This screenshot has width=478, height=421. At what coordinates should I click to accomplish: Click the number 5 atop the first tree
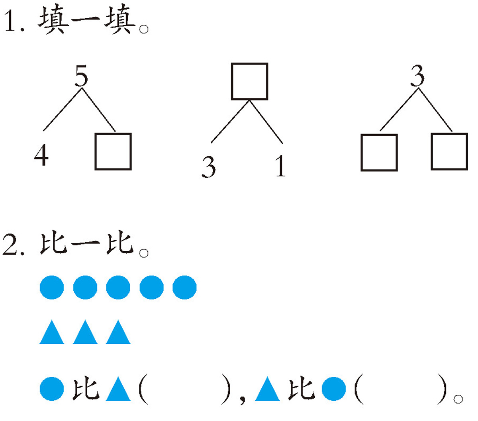pyautogui.click(x=81, y=76)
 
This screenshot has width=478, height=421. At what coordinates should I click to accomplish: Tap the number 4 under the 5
pyautogui.click(x=41, y=155)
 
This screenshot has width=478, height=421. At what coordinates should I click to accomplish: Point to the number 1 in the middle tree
pyautogui.click(x=280, y=166)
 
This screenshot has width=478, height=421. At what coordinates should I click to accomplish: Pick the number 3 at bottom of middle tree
pyautogui.click(x=209, y=167)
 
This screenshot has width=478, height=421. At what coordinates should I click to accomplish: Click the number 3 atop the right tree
pyautogui.click(x=417, y=76)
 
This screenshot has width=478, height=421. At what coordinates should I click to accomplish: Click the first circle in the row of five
pyautogui.click(x=52, y=287)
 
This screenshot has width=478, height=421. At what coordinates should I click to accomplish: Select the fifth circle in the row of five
pyautogui.click(x=184, y=287)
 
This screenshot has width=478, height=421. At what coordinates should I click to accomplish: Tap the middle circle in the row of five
pyautogui.click(x=118, y=287)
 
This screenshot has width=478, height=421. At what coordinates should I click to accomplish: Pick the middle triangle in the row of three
pyautogui.click(x=85, y=332)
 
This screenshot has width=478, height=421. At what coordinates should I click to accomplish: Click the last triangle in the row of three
pyautogui.click(x=118, y=332)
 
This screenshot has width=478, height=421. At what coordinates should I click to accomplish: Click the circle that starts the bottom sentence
pyautogui.click(x=52, y=389)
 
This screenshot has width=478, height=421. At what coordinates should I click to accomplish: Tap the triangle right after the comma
pyautogui.click(x=267, y=389)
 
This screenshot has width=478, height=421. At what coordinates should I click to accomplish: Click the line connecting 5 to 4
pyautogui.click(x=62, y=110)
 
